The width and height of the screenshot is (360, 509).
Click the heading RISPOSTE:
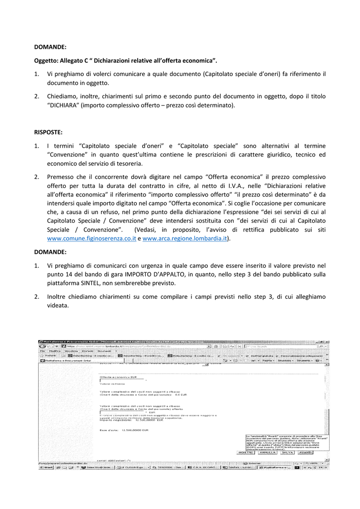[48, 132]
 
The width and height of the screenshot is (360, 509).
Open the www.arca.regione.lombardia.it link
[184, 239]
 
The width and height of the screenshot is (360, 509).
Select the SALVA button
[287, 453]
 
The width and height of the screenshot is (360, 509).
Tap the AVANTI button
[305, 453]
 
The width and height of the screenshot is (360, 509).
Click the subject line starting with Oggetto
[126, 60]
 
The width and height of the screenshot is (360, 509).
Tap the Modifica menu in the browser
[55, 351]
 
